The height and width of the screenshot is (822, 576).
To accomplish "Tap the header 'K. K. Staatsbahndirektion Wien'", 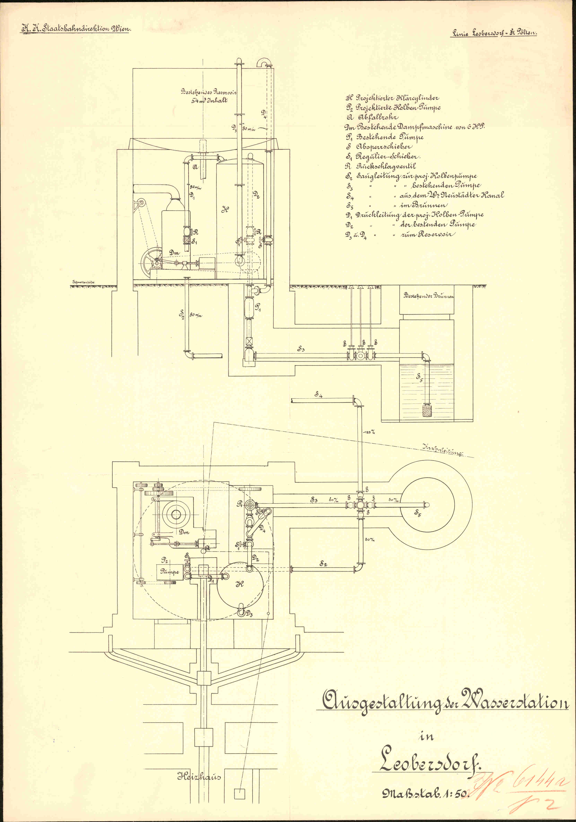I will [x=76, y=29].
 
